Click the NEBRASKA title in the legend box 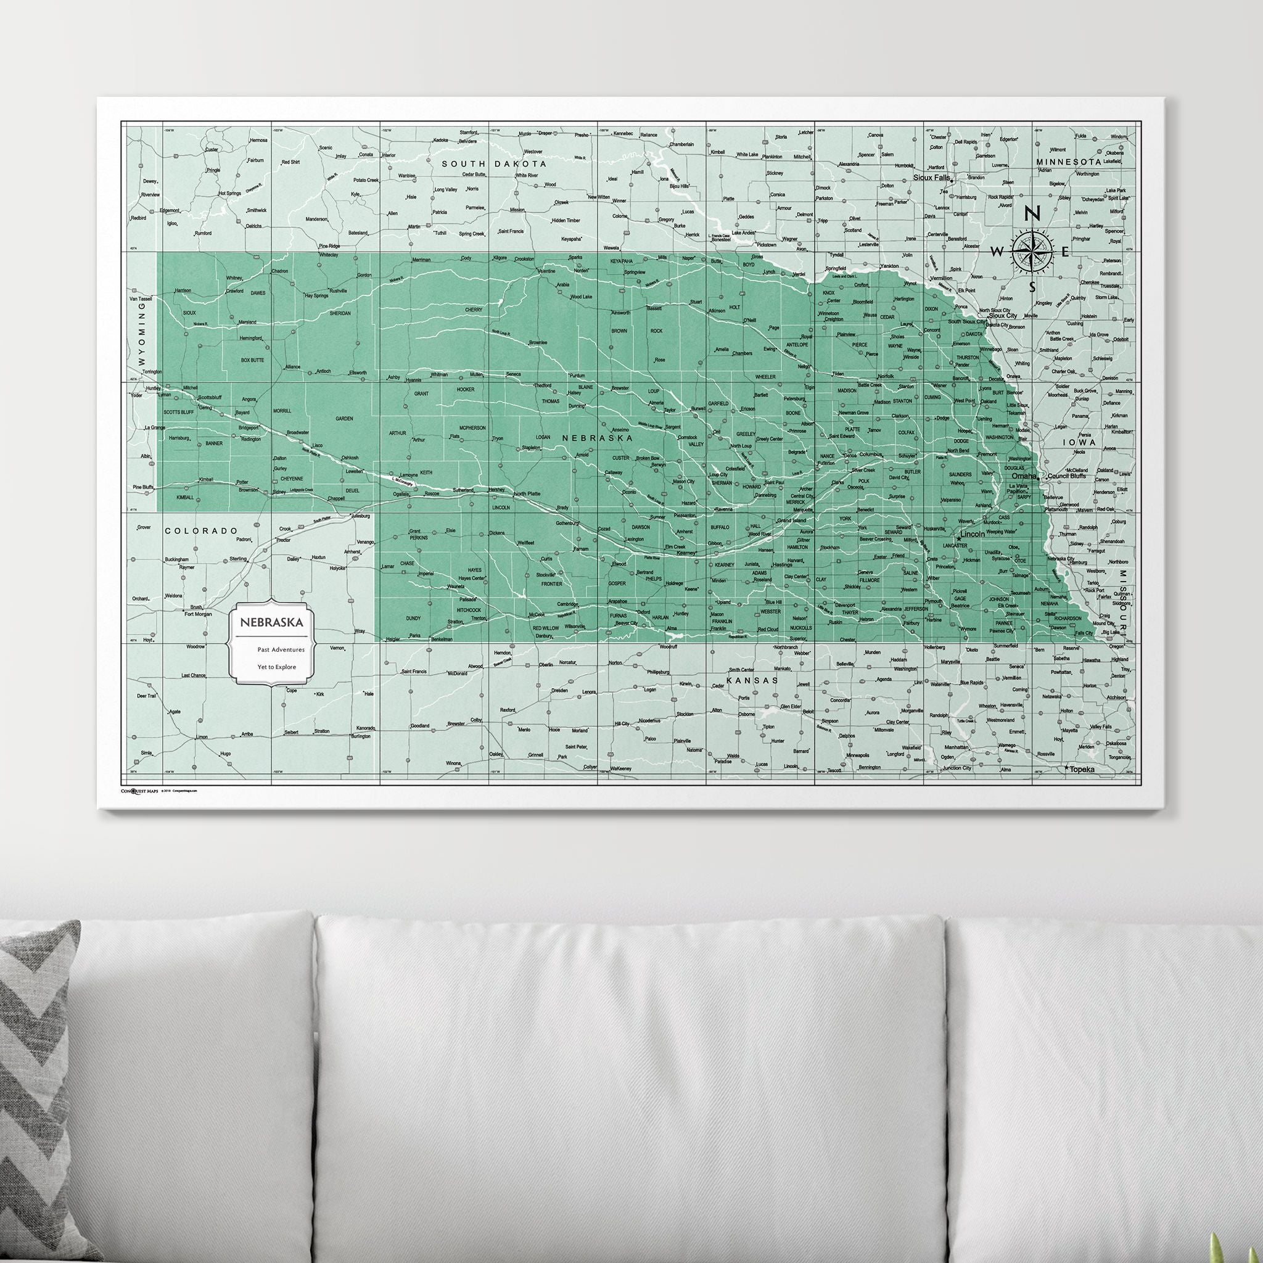click(x=271, y=622)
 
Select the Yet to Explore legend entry click(x=276, y=667)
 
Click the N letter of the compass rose click(x=1032, y=215)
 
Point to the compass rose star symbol click(x=1032, y=252)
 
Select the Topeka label click(x=1082, y=770)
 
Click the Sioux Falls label click(x=931, y=177)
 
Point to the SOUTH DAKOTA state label click(x=494, y=163)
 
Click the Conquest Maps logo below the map click(x=139, y=791)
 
